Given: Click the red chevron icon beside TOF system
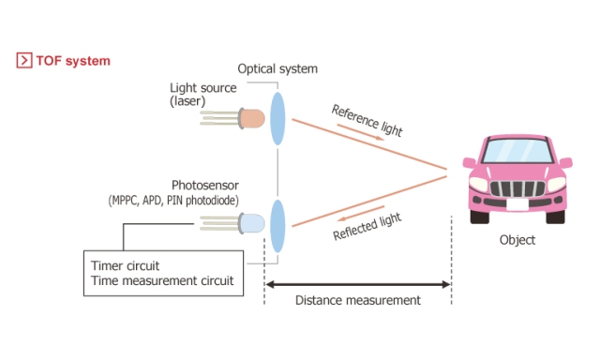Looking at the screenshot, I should point(22,61).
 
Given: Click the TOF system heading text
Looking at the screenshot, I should point(73,61).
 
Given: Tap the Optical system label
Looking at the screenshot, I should point(277,69).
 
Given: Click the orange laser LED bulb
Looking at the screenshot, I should point(251,118).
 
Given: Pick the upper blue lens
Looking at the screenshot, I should point(277,118).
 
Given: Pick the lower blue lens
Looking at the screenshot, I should point(277,224).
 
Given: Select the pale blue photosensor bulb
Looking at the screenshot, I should point(251,224).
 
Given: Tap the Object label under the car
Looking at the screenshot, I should point(517,240).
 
